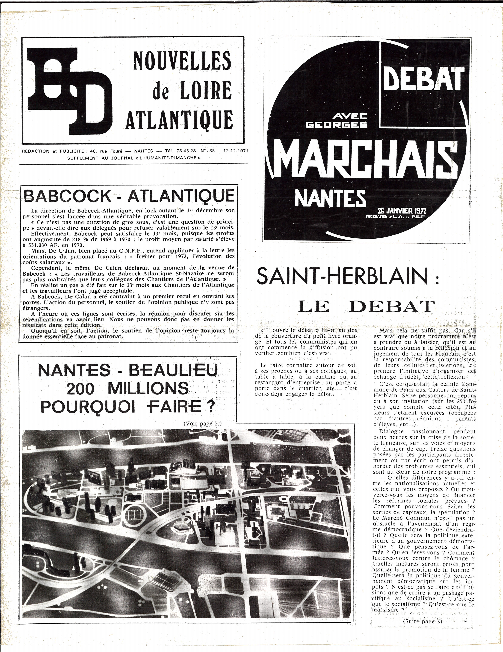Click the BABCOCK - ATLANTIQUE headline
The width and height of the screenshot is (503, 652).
[128, 196]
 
